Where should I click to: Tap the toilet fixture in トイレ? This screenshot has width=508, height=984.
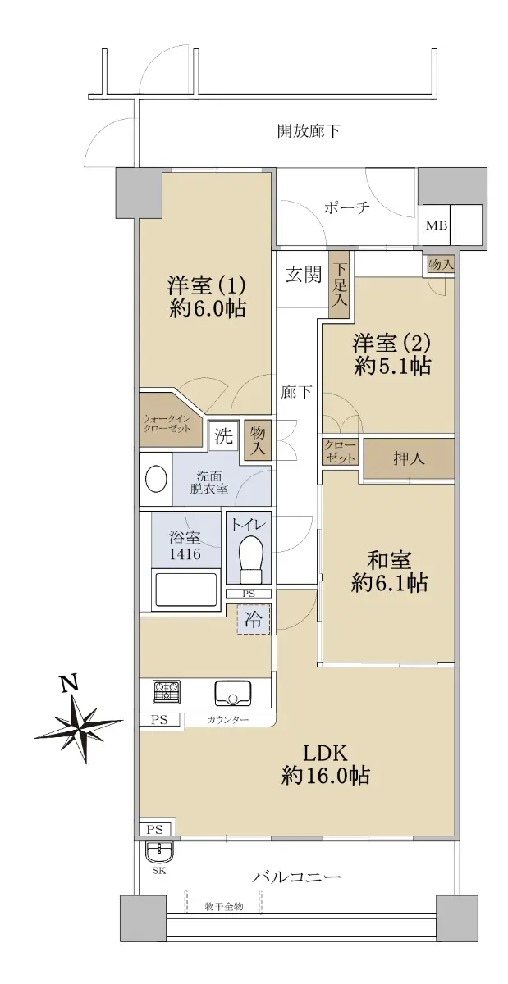pyautogui.click(x=249, y=558)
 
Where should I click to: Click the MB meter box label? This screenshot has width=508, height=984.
pyautogui.click(x=437, y=225)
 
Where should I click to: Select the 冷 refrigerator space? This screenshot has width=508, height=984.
pyautogui.click(x=253, y=620)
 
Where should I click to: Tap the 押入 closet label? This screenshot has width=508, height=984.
pyautogui.click(x=409, y=459)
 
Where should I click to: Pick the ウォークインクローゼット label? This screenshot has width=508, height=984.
pyautogui.click(x=167, y=423)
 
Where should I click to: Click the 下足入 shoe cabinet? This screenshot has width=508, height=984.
pyautogui.click(x=340, y=284)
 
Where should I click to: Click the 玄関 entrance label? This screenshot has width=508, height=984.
pyautogui.click(x=304, y=275)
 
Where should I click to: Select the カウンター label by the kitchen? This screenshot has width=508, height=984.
pyautogui.click(x=227, y=720)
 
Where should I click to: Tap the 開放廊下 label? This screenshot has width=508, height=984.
pyautogui.click(x=309, y=131)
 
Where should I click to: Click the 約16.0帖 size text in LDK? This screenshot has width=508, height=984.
pyautogui.click(x=325, y=776)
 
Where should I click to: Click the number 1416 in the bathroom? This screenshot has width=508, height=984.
pyautogui.click(x=185, y=554)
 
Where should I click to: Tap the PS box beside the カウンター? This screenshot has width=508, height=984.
pyautogui.click(x=160, y=720)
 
